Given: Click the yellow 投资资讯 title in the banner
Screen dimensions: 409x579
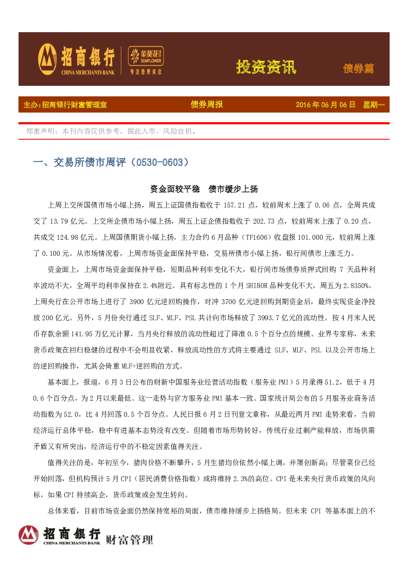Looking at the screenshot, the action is point(266,67).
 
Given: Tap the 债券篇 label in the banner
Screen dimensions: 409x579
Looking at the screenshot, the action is point(358,69).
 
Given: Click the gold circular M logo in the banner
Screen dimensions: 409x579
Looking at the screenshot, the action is point(47,59).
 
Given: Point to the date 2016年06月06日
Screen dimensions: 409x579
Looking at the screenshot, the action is point(325,105).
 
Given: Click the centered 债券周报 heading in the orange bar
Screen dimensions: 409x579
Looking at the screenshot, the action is point(207,104).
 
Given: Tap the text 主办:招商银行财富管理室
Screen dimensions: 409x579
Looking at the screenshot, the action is point(65,105).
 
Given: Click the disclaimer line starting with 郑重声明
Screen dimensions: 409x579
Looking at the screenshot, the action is point(111,131).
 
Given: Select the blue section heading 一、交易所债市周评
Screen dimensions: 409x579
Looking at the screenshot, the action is point(111,162).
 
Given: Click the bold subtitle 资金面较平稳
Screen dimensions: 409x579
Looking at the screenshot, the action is point(175,189).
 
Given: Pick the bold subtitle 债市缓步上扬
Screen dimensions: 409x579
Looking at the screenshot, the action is point(233,189).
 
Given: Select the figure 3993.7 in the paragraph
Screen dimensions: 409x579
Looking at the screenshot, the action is point(268,318).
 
